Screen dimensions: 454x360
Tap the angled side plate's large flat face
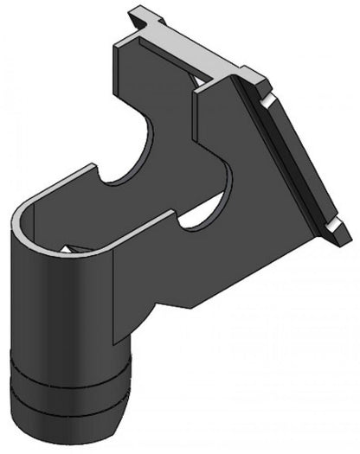pos(294,164)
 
